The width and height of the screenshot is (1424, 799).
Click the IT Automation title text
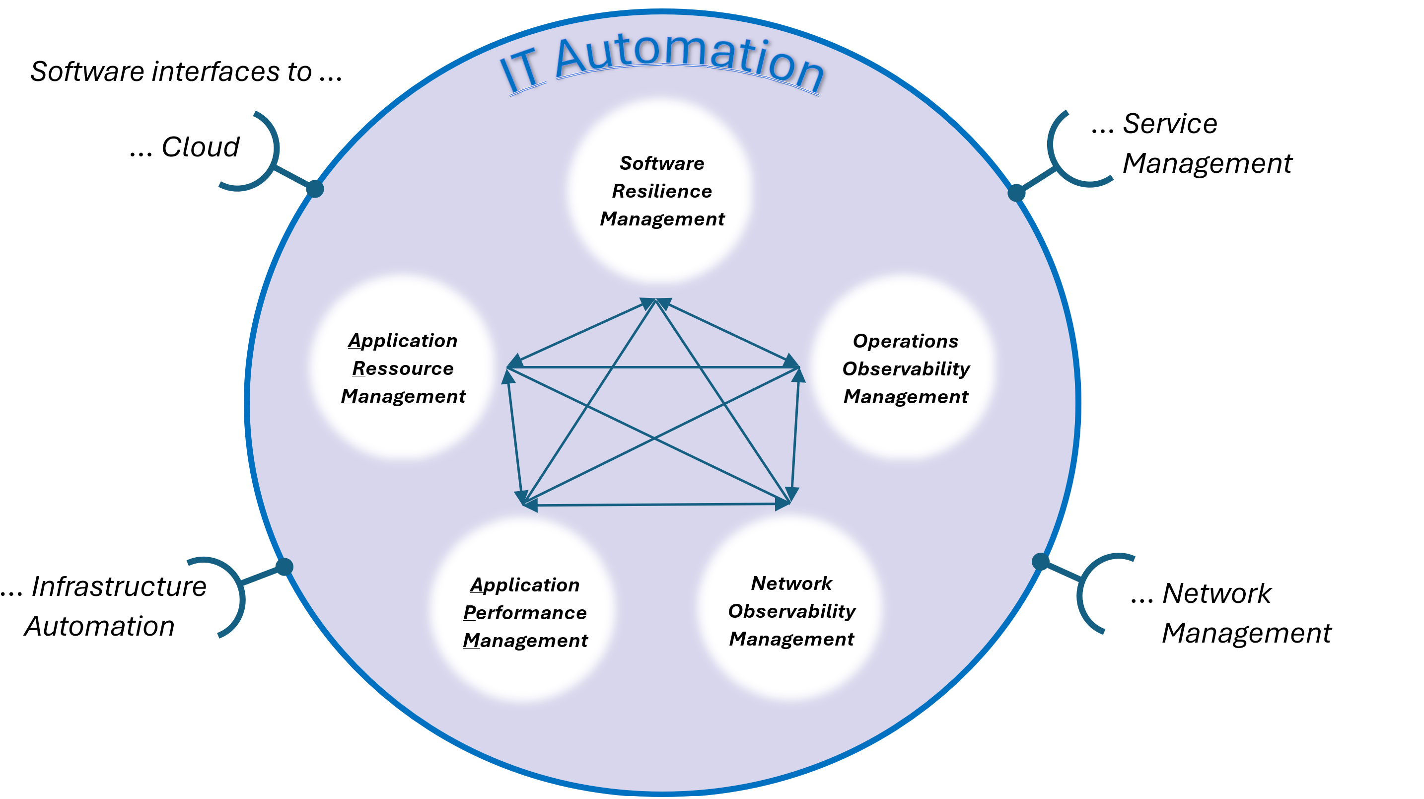click(663, 61)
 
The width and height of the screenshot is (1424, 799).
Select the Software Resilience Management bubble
click(661, 191)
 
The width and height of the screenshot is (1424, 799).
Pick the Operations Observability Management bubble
click(906, 368)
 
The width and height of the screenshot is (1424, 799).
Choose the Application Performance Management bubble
click(525, 612)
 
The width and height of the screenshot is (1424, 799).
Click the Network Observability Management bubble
click(791, 610)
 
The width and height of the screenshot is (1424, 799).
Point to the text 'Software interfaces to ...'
click(186, 72)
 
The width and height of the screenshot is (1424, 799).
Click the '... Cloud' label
click(185, 147)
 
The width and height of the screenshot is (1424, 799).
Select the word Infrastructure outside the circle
click(119, 586)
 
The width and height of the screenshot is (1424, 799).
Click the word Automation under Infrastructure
click(99, 627)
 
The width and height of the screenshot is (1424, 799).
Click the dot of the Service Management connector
click(1016, 193)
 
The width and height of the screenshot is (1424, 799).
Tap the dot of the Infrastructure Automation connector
click(284, 567)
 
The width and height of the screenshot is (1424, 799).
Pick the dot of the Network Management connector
click(1040, 562)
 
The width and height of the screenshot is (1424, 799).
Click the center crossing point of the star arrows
click(654, 438)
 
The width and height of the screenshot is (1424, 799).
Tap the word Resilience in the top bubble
click(661, 191)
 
